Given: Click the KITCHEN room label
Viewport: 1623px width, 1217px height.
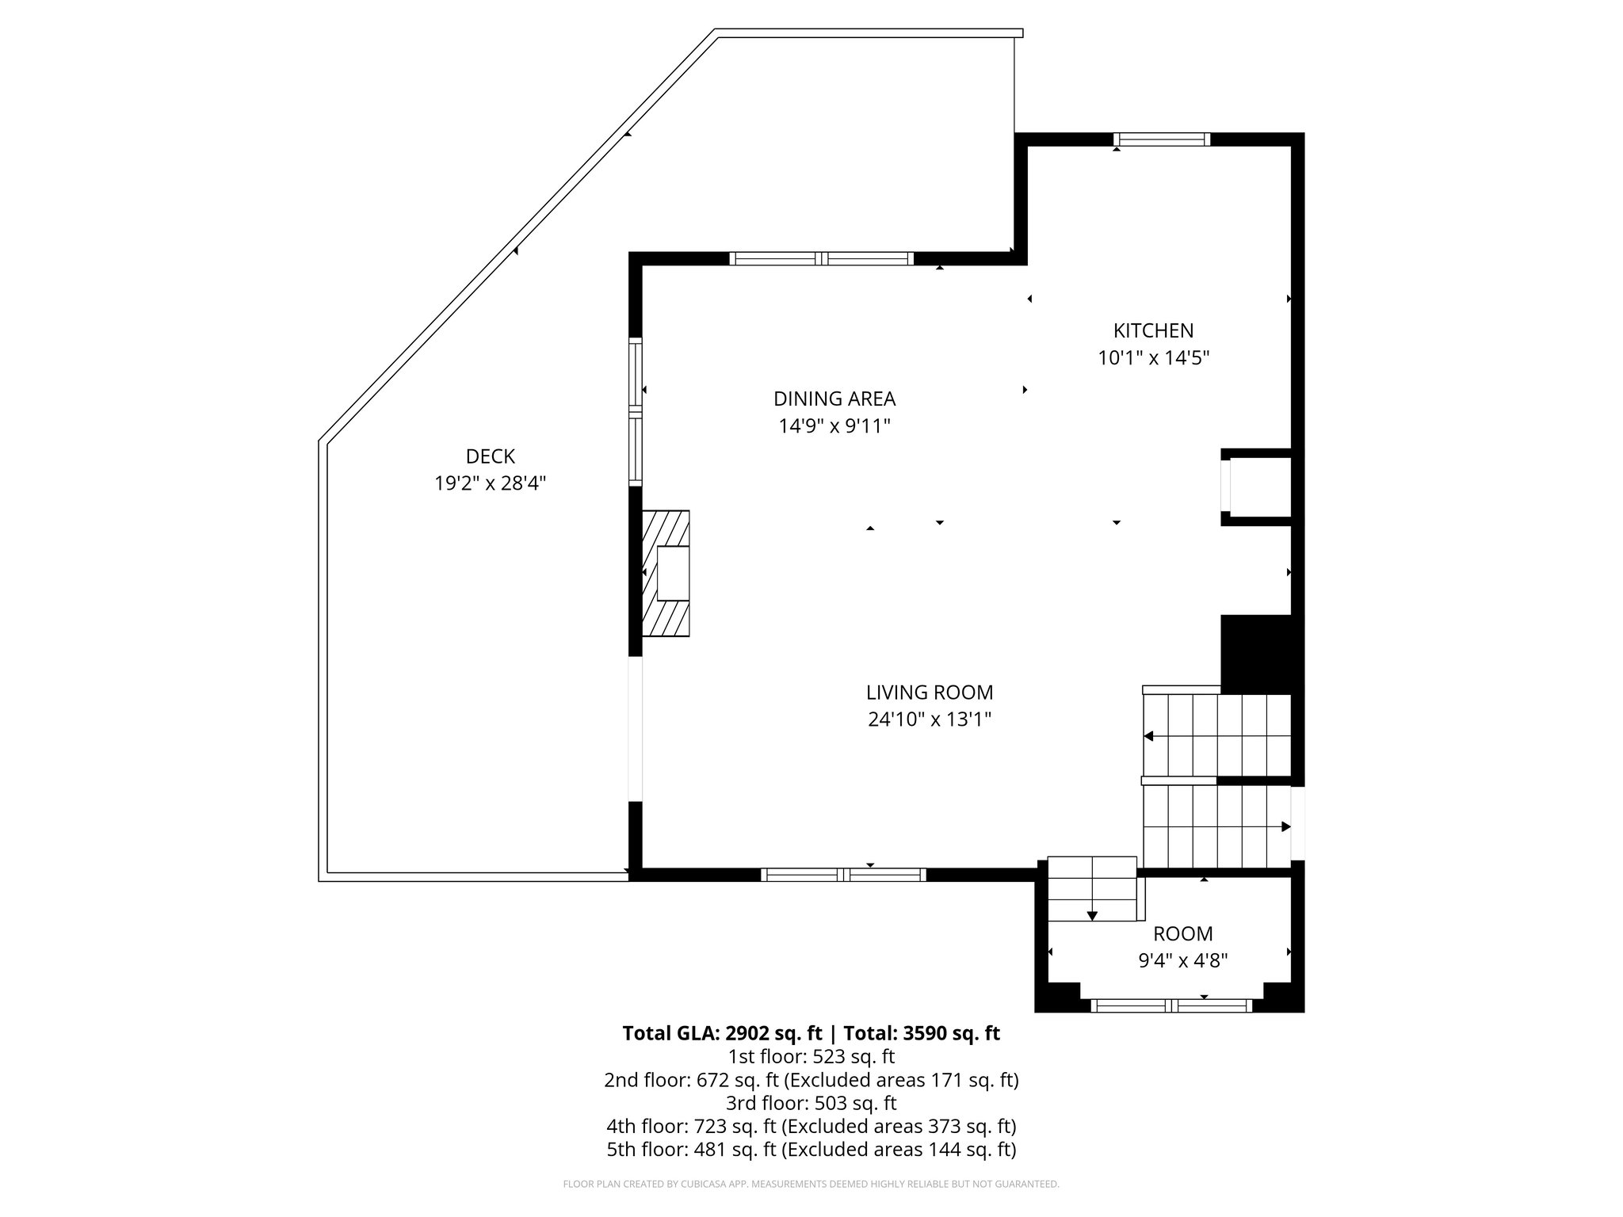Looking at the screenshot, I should (x=1153, y=330).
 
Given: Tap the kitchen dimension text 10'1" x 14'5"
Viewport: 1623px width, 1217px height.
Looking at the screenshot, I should (x=1153, y=358).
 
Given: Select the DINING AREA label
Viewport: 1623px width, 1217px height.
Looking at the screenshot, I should (x=834, y=399).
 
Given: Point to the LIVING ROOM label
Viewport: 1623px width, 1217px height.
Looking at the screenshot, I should (x=929, y=692).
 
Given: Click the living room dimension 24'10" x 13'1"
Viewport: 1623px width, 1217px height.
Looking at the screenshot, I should (x=929, y=719).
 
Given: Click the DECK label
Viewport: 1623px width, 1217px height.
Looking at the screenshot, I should (x=491, y=456).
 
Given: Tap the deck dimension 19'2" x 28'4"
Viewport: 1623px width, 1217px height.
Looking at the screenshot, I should (x=491, y=483).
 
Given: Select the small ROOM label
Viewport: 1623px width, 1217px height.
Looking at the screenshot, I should (x=1182, y=933).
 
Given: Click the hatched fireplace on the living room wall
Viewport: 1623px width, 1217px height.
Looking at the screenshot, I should (x=666, y=573).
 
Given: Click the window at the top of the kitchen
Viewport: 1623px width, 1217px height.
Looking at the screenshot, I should (x=1162, y=140).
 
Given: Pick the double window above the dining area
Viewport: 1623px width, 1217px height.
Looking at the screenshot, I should (x=821, y=258).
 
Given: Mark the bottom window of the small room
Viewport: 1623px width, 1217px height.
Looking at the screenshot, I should (x=1171, y=1005).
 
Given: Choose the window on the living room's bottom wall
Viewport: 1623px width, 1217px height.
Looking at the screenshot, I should (x=843, y=875).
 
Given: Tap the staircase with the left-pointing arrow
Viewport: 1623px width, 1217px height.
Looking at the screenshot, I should (x=1216, y=736).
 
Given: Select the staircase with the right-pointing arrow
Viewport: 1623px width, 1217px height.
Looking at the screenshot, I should (x=1216, y=826).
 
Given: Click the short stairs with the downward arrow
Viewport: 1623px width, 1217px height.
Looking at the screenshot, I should (x=1092, y=889).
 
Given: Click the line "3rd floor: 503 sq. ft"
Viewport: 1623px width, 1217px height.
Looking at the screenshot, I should (x=811, y=1103).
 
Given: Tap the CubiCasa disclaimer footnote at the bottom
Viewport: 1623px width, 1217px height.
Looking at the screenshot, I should (x=811, y=1185).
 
